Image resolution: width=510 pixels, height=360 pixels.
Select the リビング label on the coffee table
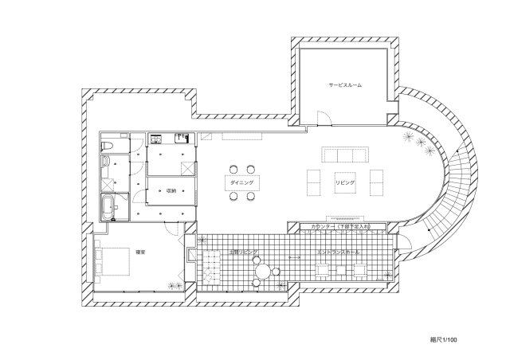[x=345, y=182]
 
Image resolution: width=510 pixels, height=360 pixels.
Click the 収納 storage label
[x=171, y=190]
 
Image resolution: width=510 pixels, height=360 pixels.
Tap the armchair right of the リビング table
[x=375, y=182]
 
